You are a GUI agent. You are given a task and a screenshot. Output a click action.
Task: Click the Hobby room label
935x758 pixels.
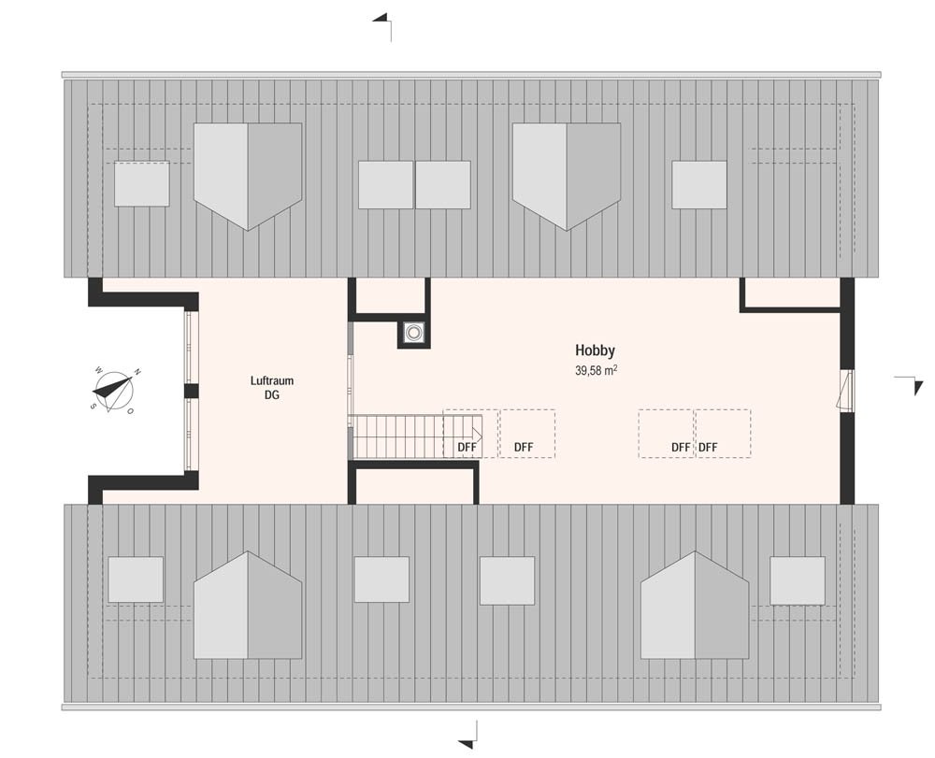pos(595,351)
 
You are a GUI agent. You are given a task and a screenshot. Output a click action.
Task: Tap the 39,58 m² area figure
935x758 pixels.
pos(596,370)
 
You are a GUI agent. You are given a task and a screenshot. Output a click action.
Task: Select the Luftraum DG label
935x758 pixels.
pos(272,387)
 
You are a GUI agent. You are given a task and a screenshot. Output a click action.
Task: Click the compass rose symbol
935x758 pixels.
pos(113,391)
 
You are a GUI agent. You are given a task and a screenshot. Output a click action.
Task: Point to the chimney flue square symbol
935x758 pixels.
pos(413,333)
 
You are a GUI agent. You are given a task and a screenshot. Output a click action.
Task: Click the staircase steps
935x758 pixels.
pos(416,436)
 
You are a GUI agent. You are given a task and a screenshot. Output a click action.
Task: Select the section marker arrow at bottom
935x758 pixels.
pos(468,736)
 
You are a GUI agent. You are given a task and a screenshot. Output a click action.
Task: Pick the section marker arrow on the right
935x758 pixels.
pos(913,384)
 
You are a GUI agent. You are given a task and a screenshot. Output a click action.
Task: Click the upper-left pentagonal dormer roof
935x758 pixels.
pos(248,177)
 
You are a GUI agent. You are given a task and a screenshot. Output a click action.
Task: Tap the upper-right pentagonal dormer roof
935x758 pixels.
pos(567,177)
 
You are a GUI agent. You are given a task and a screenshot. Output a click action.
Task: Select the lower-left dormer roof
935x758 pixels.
pos(248,605)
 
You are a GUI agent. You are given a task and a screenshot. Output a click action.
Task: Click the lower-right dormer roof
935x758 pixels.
pos(695,605)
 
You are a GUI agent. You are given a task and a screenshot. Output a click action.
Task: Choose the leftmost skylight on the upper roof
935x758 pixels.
pos(142,183)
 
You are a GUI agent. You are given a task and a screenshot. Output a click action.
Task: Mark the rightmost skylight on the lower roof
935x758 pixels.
pos(798,579)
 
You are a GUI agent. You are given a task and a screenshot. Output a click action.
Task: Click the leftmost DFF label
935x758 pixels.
pos(467,447)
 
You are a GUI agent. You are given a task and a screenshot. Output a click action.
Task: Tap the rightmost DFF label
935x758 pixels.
pos(709,447)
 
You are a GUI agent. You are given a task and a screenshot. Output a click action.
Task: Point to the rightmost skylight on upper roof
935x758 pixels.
pos(699,185)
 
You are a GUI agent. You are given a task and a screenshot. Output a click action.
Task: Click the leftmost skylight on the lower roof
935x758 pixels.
pos(136,579)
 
